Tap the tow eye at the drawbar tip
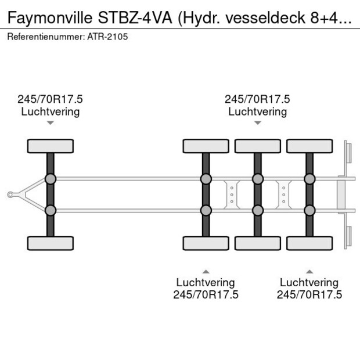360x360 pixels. click(10, 195)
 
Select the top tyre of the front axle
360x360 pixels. click(51, 146)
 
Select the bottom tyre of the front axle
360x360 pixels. click(51, 243)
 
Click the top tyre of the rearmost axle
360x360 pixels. click(309, 146)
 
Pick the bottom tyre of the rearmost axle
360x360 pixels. click(309, 243)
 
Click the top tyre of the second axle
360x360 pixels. click(206, 146)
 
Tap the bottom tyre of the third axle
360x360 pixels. click(257, 243)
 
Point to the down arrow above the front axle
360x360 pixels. click(51, 123)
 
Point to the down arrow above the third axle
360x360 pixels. click(257, 123)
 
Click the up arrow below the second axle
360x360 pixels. click(206, 271)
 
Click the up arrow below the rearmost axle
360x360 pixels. click(309, 271)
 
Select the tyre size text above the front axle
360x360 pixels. click(51, 99)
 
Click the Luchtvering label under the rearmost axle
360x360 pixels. click(309, 283)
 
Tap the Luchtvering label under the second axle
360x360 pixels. click(206, 283)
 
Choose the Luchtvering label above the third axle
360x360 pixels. click(257, 111)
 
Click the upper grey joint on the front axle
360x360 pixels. click(51, 179)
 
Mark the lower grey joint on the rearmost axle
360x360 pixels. click(309, 210)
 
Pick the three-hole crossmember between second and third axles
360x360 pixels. click(232, 194)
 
